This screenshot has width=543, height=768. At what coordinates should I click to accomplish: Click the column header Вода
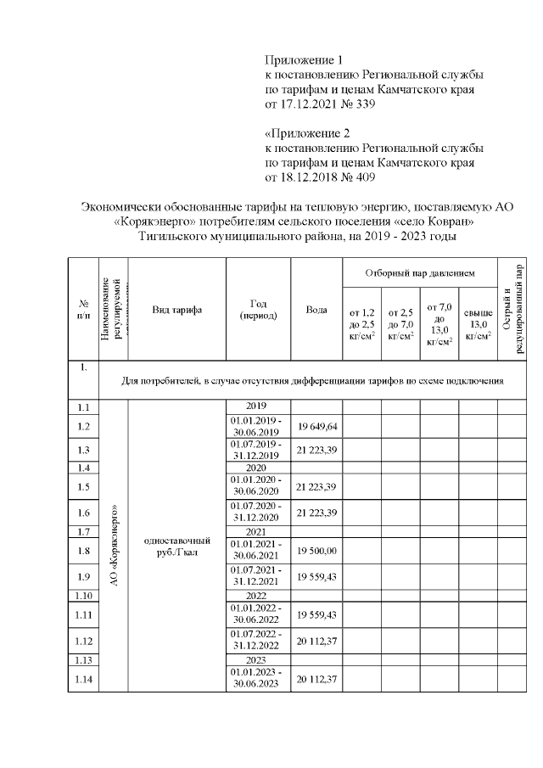click(316, 309)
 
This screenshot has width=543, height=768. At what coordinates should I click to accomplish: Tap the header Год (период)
click(258, 309)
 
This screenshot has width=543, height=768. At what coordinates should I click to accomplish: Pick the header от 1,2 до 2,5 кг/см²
click(361, 324)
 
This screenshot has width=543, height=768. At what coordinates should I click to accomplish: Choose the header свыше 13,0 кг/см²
click(479, 324)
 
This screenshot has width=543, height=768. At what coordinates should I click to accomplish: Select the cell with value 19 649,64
click(316, 426)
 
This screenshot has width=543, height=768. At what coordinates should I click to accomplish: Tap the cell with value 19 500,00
click(316, 551)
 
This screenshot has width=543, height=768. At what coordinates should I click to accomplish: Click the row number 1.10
click(83, 596)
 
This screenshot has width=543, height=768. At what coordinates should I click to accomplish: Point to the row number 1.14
click(83, 680)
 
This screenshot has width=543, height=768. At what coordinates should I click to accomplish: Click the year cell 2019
click(258, 406)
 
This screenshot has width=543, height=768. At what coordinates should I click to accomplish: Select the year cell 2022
click(258, 596)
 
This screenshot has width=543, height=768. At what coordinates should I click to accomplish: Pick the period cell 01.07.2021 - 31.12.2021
click(258, 576)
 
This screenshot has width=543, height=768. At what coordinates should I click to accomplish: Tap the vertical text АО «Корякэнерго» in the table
click(114, 543)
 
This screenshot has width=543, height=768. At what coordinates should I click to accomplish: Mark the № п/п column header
click(83, 309)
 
